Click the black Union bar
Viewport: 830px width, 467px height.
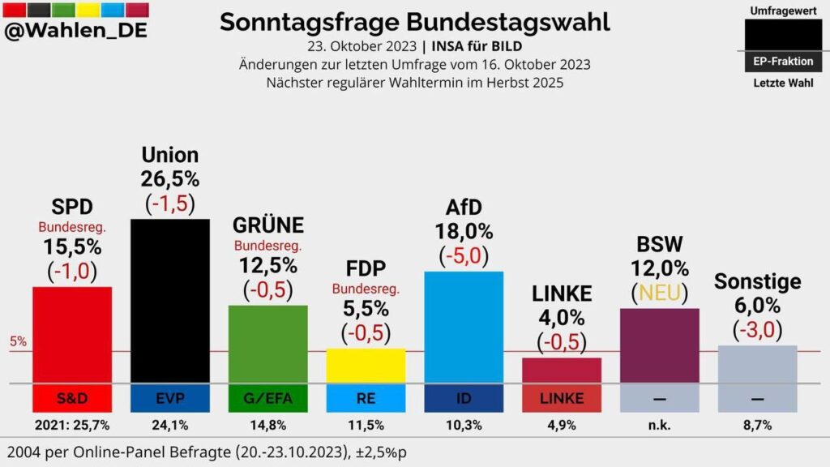click(x=169, y=300)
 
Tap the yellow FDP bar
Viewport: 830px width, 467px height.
click(x=366, y=366)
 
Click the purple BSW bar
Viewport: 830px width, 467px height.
click(x=659, y=345)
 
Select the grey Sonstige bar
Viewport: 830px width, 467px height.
click(x=757, y=364)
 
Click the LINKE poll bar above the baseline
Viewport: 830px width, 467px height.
click(x=562, y=370)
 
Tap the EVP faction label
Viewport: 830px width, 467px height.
click(x=169, y=398)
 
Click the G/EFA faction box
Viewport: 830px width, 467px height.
click(x=267, y=398)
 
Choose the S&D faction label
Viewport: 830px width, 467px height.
click(x=72, y=398)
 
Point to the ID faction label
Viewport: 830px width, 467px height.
click(x=464, y=398)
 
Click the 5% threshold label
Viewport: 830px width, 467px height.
click(x=18, y=342)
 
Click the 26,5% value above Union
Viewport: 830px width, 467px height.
click(x=169, y=178)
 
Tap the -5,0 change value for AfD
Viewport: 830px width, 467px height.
click(x=464, y=256)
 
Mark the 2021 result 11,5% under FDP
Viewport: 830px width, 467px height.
click(x=366, y=424)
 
